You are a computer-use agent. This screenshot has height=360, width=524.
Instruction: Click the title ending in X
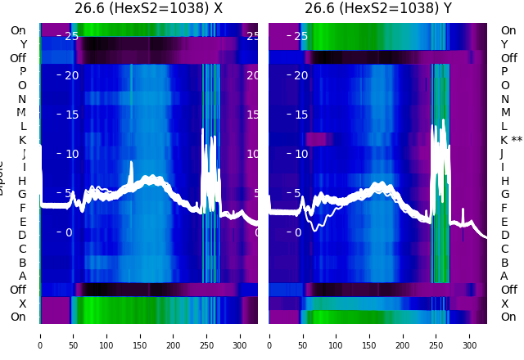pos(148,9)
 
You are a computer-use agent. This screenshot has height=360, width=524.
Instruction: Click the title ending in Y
pos(377,9)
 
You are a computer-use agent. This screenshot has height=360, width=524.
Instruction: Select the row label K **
pos(511,141)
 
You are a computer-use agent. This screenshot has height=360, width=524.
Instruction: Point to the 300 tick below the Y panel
pos(470,335)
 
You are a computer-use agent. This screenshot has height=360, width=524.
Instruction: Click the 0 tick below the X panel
pos(40,335)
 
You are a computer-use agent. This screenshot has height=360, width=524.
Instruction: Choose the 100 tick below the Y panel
pos(336,335)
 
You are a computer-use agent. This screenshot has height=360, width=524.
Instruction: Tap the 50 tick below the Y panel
pos(302,335)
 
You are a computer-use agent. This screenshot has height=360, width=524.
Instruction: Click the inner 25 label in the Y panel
pos(300,36)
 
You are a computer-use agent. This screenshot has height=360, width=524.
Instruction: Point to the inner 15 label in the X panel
pos(71,115)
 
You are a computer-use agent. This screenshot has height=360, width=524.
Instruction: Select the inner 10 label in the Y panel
pos(300,154)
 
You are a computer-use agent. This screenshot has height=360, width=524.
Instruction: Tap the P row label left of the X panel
pos(22,72)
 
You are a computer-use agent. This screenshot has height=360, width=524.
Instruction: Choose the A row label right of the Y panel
pos(504,277)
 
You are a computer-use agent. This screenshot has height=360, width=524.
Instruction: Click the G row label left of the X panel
pos(22,195)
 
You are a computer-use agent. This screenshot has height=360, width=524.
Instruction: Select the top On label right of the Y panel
pos(508,31)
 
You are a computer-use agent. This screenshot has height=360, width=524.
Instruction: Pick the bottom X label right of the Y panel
pos(504,304)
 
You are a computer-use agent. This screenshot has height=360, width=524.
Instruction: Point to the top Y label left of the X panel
pos(23,45)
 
